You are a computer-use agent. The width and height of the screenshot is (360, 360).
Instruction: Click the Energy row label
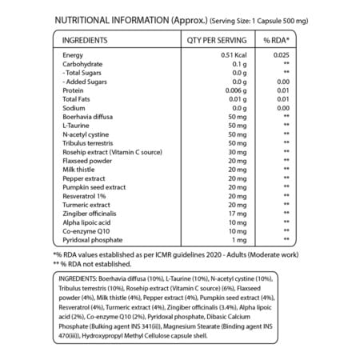pyautogui.click(x=74, y=54)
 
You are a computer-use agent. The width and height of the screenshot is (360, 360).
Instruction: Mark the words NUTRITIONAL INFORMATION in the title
pyautogui.click(x=111, y=18)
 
